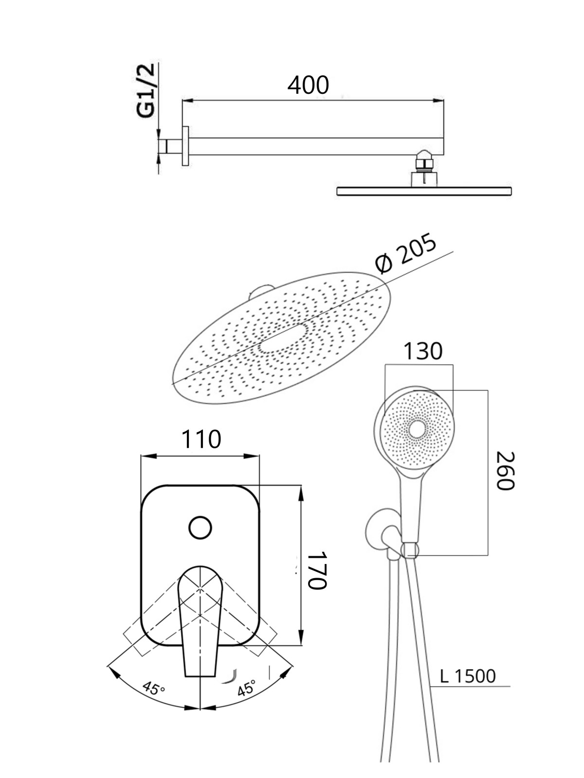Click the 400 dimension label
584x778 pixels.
click(x=308, y=86)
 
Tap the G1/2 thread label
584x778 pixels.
click(x=146, y=91)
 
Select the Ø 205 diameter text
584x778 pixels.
click(x=405, y=253)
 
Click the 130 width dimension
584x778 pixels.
click(x=423, y=351)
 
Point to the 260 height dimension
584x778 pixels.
click(x=505, y=471)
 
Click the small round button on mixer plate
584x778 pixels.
click(x=201, y=528)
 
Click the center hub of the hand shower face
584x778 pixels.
click(x=419, y=429)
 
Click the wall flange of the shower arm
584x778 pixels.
click(x=185, y=146)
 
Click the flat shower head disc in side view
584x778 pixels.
click(x=424, y=191)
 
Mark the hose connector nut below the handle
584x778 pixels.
click(x=410, y=550)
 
